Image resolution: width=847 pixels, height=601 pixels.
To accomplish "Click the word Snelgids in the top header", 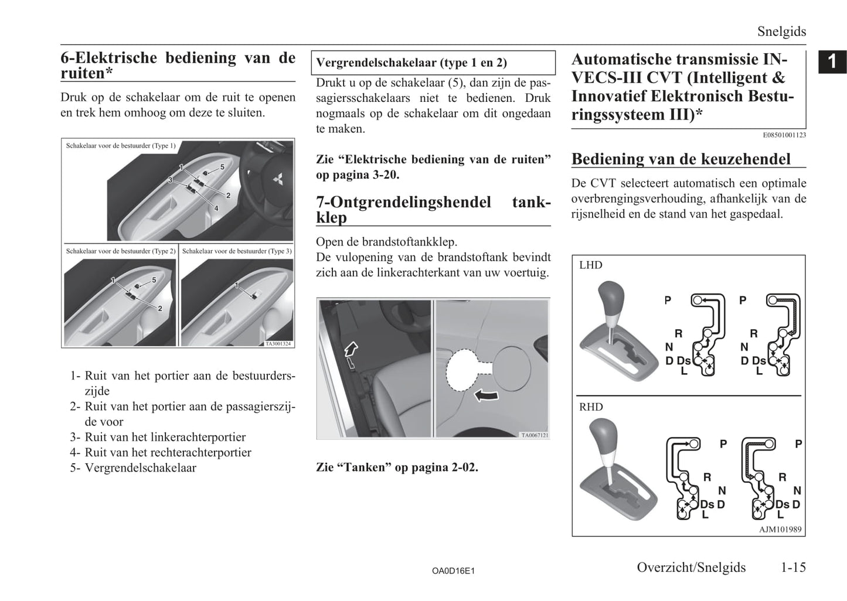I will click(781, 32).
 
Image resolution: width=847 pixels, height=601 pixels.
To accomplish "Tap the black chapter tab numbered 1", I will click(832, 62).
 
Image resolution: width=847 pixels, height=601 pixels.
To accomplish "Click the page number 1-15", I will click(793, 567).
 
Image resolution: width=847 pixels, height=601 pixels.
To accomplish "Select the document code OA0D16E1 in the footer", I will click(453, 570).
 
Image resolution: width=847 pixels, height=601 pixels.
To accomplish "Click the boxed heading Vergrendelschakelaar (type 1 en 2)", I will click(411, 63).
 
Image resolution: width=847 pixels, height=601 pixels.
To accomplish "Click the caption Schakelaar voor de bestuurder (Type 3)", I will click(237, 251).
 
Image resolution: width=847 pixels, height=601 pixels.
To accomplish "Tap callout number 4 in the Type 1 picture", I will click(216, 208).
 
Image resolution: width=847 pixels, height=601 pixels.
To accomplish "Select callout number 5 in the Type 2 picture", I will click(154, 280).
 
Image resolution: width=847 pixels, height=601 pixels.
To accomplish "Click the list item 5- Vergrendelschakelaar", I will click(134, 467).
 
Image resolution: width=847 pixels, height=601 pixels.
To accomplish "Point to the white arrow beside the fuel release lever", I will click(351, 350).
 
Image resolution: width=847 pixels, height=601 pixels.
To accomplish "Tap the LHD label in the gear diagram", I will click(590, 265).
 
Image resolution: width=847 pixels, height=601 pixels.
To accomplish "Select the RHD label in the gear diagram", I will click(590, 407).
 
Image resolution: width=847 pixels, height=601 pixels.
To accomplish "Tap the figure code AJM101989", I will click(781, 530).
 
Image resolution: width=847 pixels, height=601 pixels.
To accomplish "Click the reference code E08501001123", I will click(784, 135).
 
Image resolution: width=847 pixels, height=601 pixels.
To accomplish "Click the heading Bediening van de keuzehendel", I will click(681, 159).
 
